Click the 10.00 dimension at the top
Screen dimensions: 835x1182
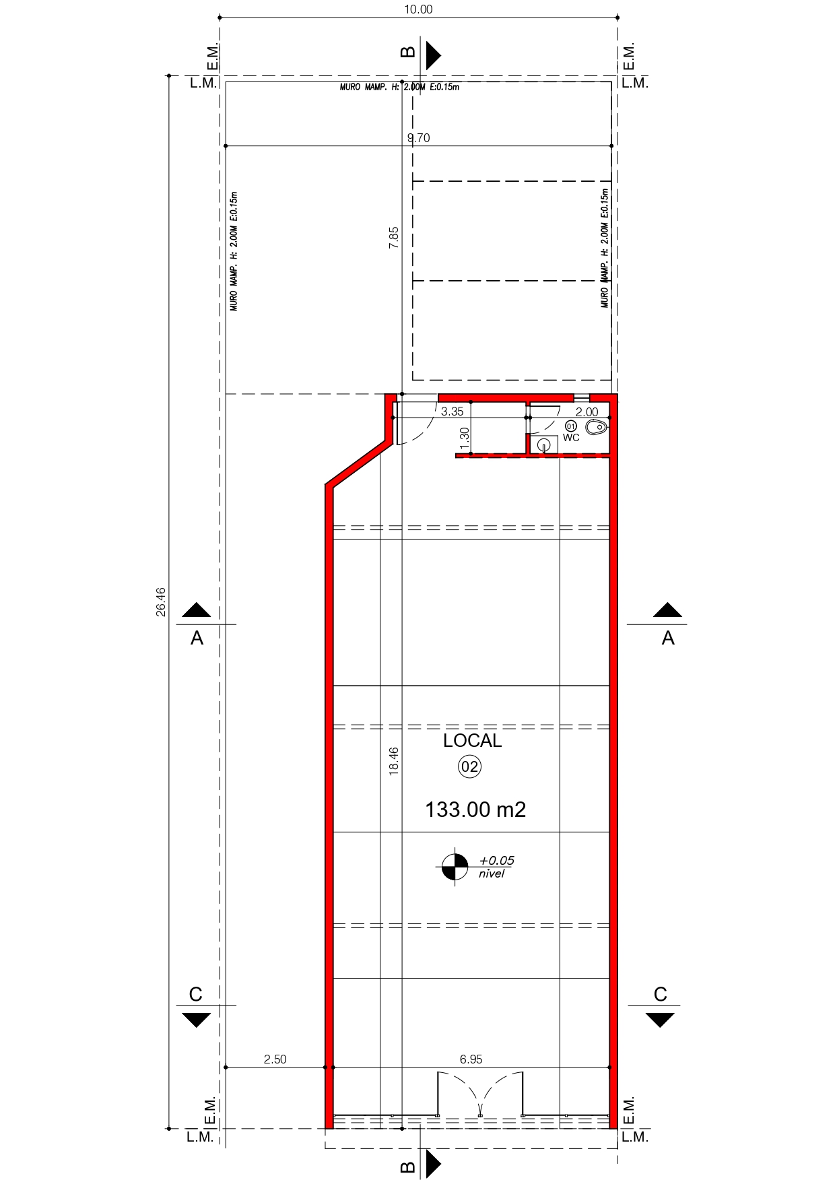(418, 9)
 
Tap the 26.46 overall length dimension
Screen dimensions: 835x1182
(160, 601)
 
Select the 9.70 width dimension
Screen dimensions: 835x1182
(418, 138)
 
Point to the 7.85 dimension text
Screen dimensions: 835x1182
(393, 238)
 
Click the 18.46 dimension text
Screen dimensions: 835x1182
(393, 761)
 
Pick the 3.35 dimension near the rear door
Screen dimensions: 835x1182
(452, 412)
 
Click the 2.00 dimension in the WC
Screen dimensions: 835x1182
(587, 412)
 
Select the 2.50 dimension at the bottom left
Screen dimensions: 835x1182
(275, 1059)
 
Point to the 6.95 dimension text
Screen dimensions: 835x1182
(471, 1059)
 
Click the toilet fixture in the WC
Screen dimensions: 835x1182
(597, 427)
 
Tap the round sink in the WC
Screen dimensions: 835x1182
(544, 445)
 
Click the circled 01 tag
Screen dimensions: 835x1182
(571, 426)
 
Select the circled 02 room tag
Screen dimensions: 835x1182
(470, 766)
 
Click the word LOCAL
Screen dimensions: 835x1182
(472, 741)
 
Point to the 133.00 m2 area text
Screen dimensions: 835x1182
(475, 810)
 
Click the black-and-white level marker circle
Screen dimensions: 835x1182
(455, 866)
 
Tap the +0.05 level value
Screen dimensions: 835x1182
(496, 861)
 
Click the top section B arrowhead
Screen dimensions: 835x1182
(434, 55)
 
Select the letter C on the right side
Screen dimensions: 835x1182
(660, 994)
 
